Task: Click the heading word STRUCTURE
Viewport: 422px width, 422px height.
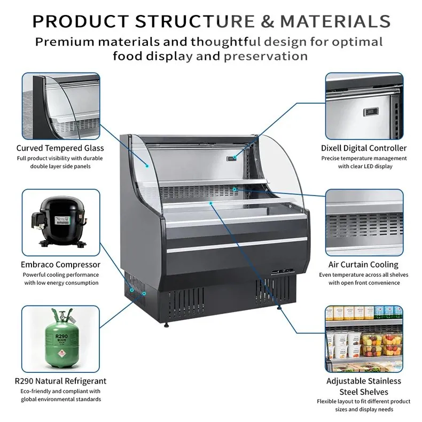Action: (194, 21)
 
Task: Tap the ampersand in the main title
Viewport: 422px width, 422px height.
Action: (267, 21)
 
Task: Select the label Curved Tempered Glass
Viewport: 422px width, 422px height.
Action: (60, 148)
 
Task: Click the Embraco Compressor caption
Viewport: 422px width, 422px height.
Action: (60, 264)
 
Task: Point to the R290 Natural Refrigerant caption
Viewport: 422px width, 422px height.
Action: (60, 381)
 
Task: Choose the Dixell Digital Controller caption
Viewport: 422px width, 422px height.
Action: (364, 148)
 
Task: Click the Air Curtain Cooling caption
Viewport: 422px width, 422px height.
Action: (363, 264)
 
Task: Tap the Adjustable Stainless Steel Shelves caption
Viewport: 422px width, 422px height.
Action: (364, 386)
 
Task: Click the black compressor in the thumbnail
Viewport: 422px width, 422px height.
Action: (59, 221)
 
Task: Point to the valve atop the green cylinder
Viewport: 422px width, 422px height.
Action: (62, 315)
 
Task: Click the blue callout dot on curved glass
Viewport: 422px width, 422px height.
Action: (147, 166)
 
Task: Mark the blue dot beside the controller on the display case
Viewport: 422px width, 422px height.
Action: (235, 157)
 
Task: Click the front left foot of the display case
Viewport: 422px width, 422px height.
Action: (167, 325)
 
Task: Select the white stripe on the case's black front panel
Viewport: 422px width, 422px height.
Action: (237, 245)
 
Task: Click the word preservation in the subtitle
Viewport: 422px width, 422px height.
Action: (266, 56)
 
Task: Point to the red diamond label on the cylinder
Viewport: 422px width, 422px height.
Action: (61, 355)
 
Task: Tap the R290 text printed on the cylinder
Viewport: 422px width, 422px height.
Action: (61, 337)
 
